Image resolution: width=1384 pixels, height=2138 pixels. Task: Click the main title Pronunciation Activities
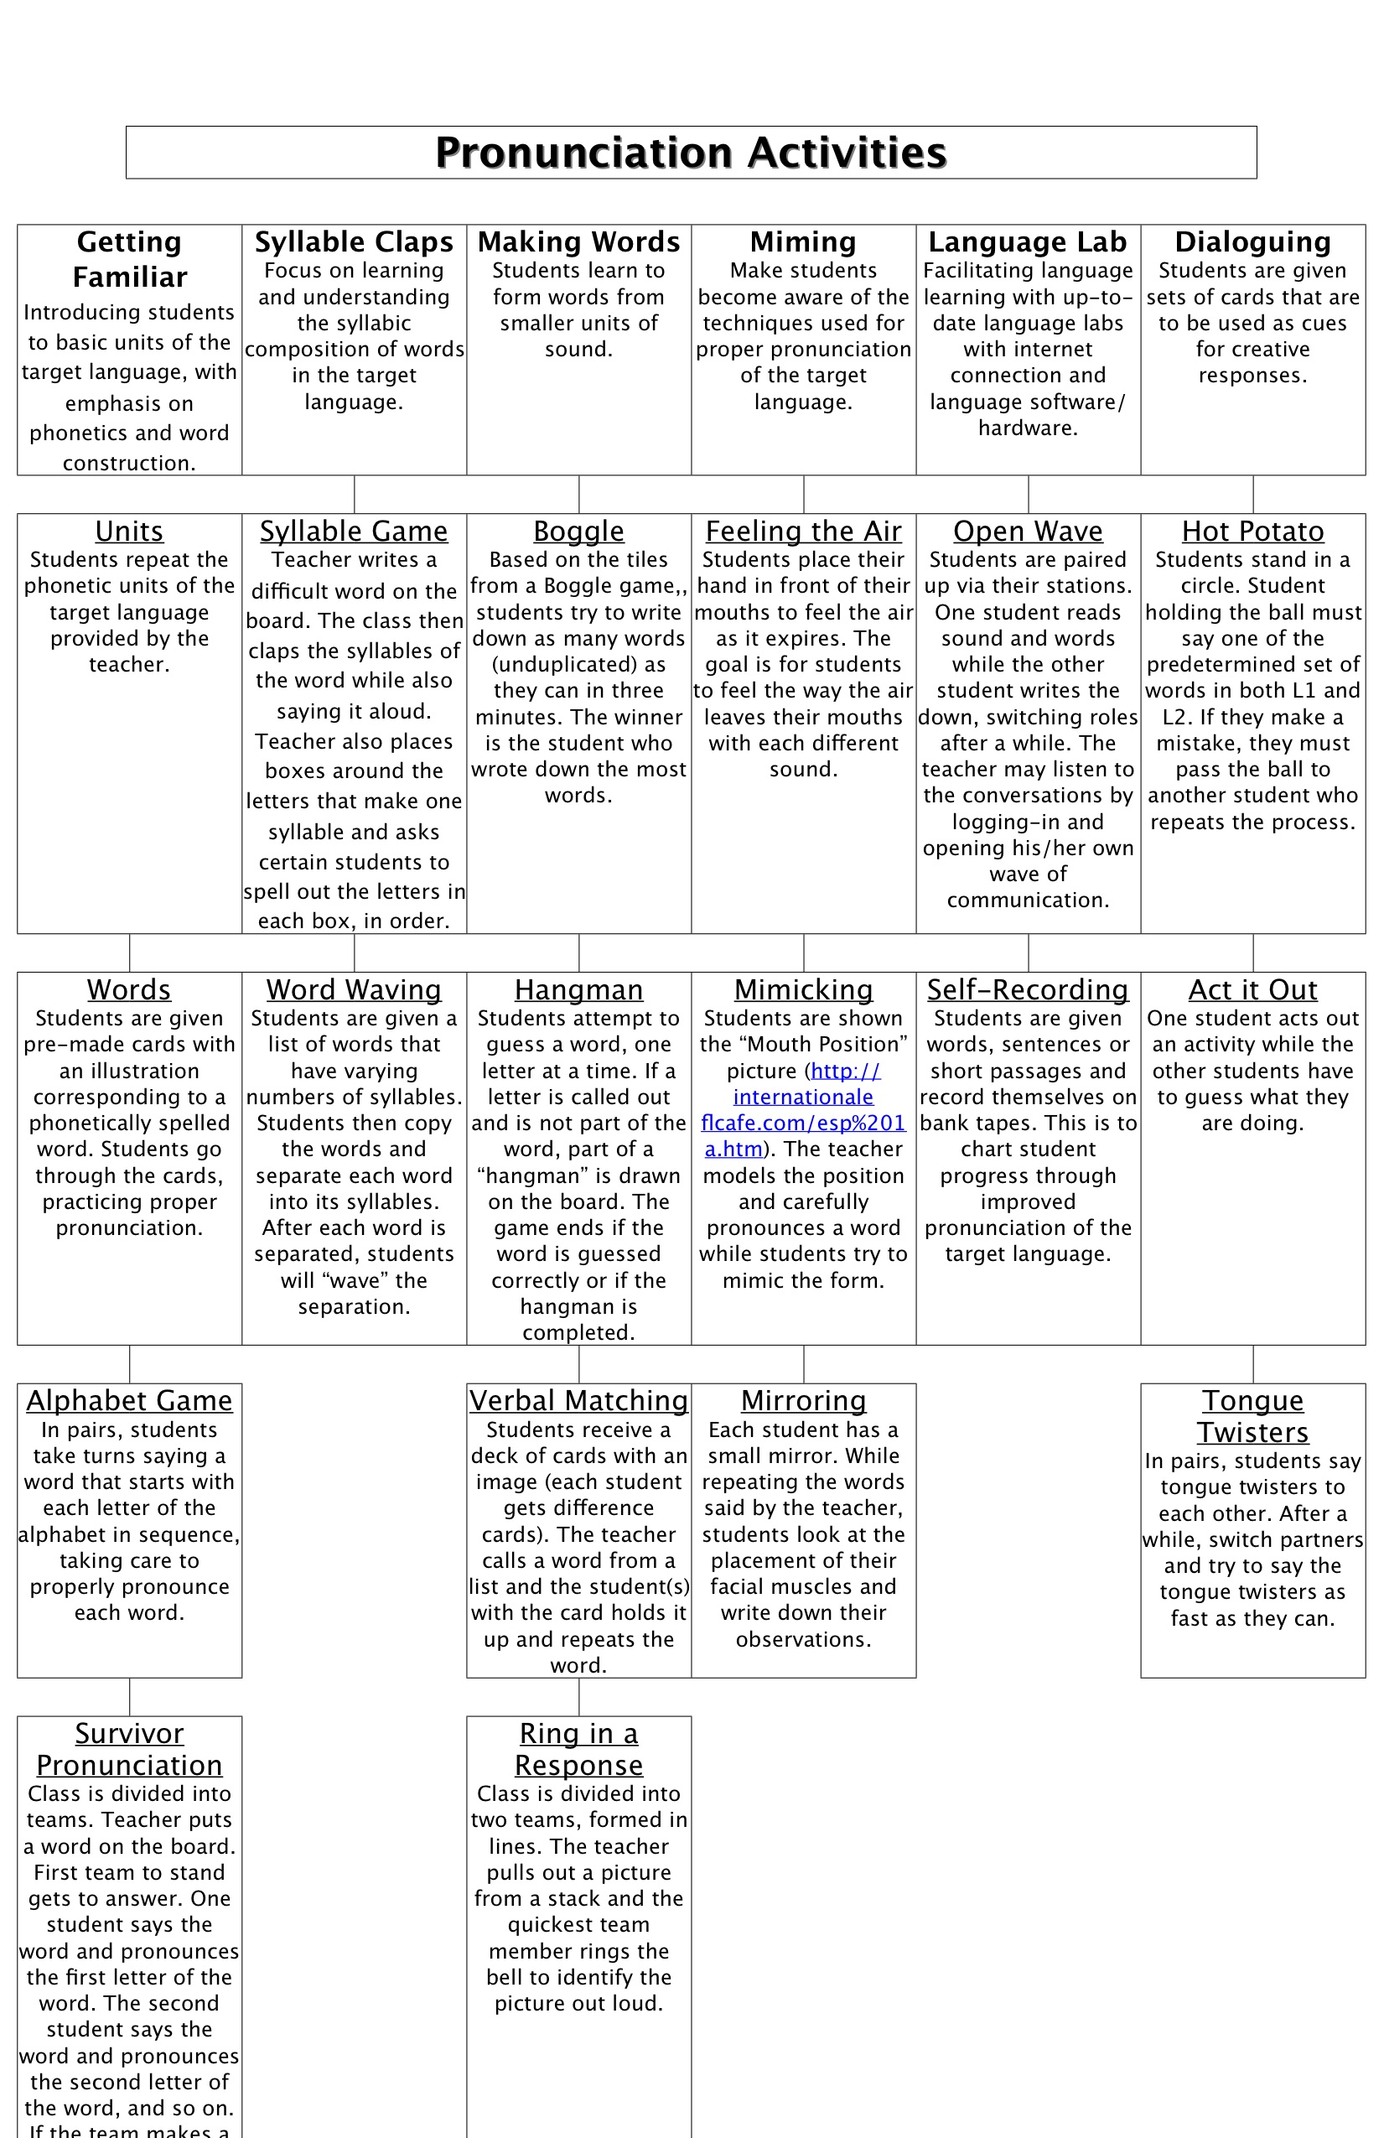[691, 153]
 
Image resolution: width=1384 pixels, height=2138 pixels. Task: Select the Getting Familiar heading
[129, 259]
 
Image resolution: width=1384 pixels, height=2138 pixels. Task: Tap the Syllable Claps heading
[354, 241]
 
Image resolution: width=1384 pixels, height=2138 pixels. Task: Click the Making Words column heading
[578, 241]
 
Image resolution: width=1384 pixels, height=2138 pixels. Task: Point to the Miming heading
[803, 241]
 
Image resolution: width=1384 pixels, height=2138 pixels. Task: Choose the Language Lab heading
[1028, 241]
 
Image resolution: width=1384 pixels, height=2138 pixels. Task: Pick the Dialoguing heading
[1252, 241]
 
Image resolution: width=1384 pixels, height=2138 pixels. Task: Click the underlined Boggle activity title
[578, 531]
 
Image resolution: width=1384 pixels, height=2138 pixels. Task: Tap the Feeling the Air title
[803, 531]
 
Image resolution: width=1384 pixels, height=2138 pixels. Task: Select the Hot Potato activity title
[1252, 531]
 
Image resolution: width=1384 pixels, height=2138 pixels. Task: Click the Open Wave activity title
[1028, 531]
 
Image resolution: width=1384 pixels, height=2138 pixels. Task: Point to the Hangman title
[578, 989]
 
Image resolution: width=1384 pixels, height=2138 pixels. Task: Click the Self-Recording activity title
[1028, 989]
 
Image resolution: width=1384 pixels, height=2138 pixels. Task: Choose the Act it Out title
[1252, 989]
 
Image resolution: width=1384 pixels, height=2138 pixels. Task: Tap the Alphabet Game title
[129, 1400]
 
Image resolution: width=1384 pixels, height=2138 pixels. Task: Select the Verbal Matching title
[578, 1400]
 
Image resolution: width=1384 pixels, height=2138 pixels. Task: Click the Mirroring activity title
[803, 1400]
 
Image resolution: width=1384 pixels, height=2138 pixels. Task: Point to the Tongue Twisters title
[1252, 1416]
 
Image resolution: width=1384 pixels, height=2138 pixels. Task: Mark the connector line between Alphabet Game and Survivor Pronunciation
[129, 1697]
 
